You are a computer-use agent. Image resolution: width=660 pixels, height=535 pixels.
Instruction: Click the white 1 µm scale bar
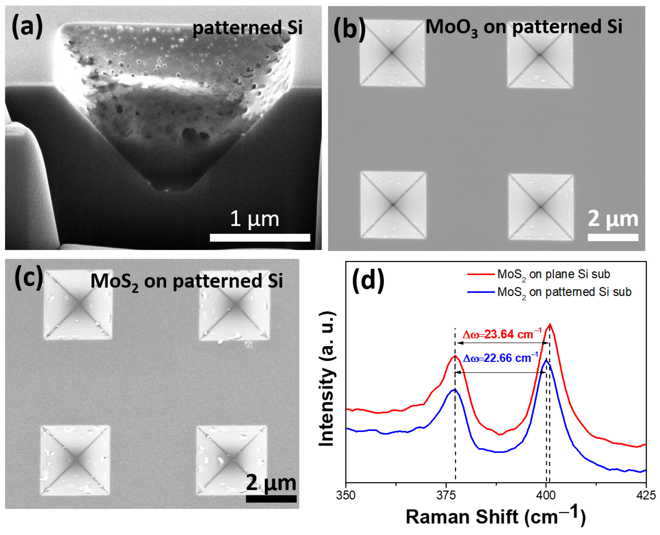tap(260, 238)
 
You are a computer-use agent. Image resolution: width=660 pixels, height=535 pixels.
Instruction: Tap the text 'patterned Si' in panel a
tap(247, 28)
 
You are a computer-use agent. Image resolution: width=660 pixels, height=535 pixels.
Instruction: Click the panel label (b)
tap(349, 29)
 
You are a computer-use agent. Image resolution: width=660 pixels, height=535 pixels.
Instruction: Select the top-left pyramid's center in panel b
tap(392, 53)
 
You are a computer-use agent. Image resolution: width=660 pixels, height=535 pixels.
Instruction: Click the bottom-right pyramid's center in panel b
tap(541, 207)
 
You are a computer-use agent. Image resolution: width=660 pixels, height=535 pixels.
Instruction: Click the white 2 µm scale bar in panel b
tap(613, 237)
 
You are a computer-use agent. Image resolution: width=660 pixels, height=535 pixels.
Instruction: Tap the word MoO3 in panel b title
tap(451, 27)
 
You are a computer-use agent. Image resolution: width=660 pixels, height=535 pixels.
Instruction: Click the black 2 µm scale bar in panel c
tap(271, 499)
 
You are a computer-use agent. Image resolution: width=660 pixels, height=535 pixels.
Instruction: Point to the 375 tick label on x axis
tap(446, 495)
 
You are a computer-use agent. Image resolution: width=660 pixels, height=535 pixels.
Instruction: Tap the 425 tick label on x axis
tap(645, 495)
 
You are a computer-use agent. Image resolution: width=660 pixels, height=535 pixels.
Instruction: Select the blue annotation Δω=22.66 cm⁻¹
tap(500, 358)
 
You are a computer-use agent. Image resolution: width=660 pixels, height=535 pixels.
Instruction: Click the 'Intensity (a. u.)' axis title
tap(327, 378)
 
